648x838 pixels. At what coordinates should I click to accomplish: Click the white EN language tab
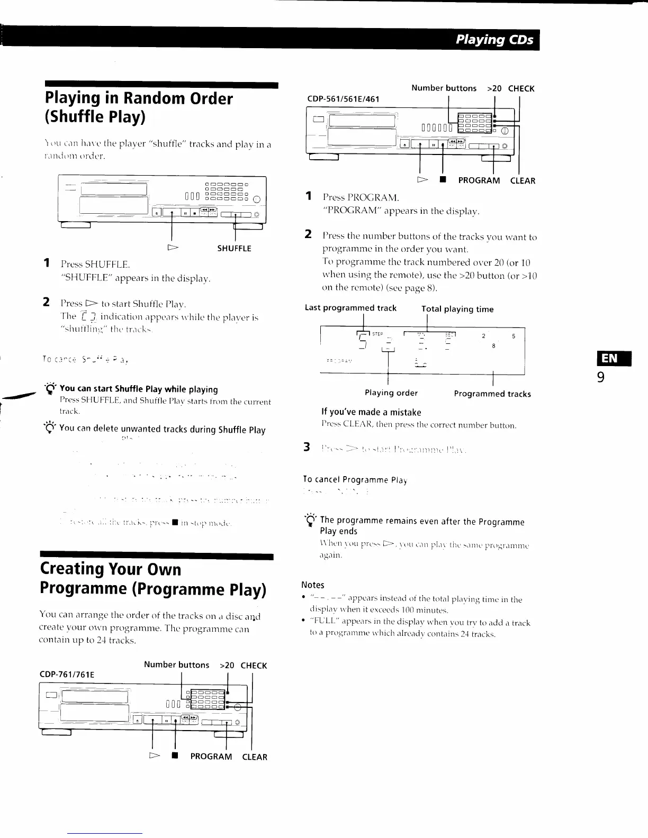[x=609, y=359]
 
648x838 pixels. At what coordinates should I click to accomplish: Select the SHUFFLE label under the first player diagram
[x=234, y=249]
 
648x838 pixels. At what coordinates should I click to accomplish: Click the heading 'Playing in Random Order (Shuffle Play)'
[x=139, y=107]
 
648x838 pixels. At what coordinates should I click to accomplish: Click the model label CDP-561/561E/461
[x=343, y=99]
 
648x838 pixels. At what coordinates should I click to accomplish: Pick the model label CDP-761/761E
[x=67, y=675]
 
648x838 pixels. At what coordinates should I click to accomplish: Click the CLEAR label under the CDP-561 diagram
[x=523, y=181]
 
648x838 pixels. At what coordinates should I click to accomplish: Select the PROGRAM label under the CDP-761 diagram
[x=211, y=757]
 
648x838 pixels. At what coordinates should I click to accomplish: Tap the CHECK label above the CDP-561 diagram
[x=521, y=89]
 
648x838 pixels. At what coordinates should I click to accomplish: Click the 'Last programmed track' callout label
[x=350, y=308]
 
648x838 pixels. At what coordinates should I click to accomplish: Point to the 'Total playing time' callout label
[x=457, y=309]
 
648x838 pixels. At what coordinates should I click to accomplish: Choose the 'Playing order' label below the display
[x=391, y=393]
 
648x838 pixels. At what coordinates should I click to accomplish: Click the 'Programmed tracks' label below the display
[x=492, y=394]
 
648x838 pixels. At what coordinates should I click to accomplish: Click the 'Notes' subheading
[x=312, y=585]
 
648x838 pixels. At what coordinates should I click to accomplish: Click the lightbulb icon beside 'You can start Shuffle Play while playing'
[x=50, y=389]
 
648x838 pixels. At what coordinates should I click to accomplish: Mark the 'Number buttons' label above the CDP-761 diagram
[x=176, y=665]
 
